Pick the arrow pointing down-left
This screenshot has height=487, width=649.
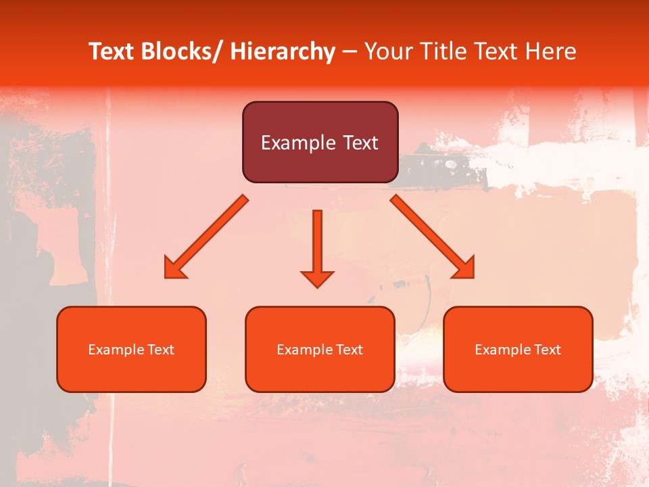click(x=207, y=237)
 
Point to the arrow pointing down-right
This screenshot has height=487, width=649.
click(x=432, y=237)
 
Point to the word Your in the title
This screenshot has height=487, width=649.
click(x=386, y=51)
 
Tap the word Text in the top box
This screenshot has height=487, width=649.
click(x=359, y=143)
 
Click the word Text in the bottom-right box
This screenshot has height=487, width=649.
click(x=546, y=350)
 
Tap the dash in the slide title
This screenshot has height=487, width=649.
click(x=350, y=51)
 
